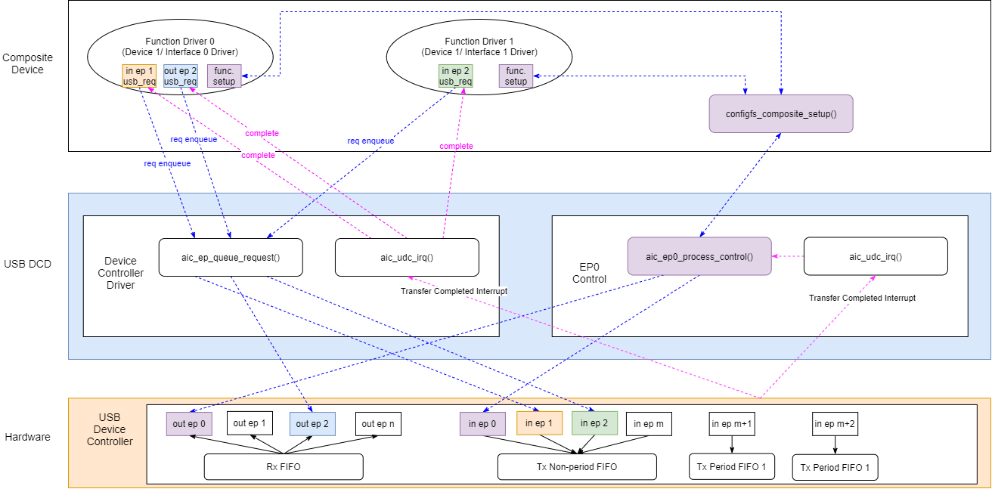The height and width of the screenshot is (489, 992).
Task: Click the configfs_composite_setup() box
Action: [780, 113]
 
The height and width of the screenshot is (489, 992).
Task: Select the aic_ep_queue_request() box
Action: [231, 257]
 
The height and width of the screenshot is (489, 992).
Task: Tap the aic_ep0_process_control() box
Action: [699, 256]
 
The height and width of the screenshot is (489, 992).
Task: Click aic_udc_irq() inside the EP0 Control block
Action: [876, 256]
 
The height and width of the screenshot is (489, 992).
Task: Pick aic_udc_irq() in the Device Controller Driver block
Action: [407, 257]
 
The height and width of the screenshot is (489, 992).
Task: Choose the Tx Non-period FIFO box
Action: [577, 466]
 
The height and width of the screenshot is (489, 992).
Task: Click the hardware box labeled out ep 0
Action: [189, 423]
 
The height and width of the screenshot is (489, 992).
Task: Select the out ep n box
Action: [379, 423]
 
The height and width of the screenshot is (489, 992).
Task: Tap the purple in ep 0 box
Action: [482, 423]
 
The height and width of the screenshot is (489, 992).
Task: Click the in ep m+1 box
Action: [731, 423]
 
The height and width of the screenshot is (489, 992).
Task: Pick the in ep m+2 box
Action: [835, 423]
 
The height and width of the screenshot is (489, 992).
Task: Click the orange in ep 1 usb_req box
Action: [138, 76]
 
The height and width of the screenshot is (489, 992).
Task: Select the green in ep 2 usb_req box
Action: [455, 76]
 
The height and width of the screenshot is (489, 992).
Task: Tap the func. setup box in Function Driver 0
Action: [225, 76]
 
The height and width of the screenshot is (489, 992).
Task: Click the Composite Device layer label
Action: [23, 63]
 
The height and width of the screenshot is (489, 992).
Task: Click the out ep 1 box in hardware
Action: [250, 423]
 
